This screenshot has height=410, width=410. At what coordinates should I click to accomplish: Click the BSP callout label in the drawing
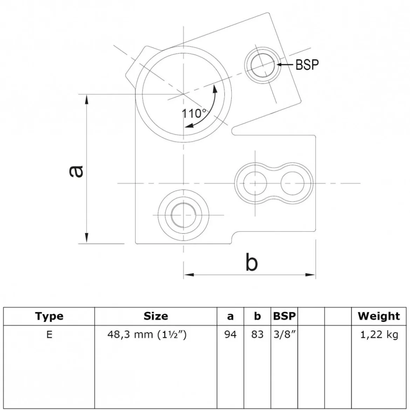(307, 64)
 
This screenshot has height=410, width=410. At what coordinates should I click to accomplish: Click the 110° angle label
(194, 114)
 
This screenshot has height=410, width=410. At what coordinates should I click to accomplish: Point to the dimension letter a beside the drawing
(76, 171)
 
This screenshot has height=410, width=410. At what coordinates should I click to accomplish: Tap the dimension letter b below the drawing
(252, 261)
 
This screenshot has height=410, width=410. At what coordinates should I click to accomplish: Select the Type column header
(49, 316)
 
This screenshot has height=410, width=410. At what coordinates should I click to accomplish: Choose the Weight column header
(379, 316)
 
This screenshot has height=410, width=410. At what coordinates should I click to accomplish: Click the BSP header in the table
(284, 316)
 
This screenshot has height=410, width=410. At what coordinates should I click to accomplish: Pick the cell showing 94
(230, 334)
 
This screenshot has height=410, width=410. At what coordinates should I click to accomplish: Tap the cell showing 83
(257, 334)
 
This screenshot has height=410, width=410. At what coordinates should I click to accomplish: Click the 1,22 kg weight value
(379, 335)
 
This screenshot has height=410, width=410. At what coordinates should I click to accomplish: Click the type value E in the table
(49, 334)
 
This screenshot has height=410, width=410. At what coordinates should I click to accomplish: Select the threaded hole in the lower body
(184, 215)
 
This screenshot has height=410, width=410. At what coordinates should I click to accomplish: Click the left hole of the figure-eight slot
(255, 183)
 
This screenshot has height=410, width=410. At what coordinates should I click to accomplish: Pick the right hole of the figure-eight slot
(293, 183)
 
